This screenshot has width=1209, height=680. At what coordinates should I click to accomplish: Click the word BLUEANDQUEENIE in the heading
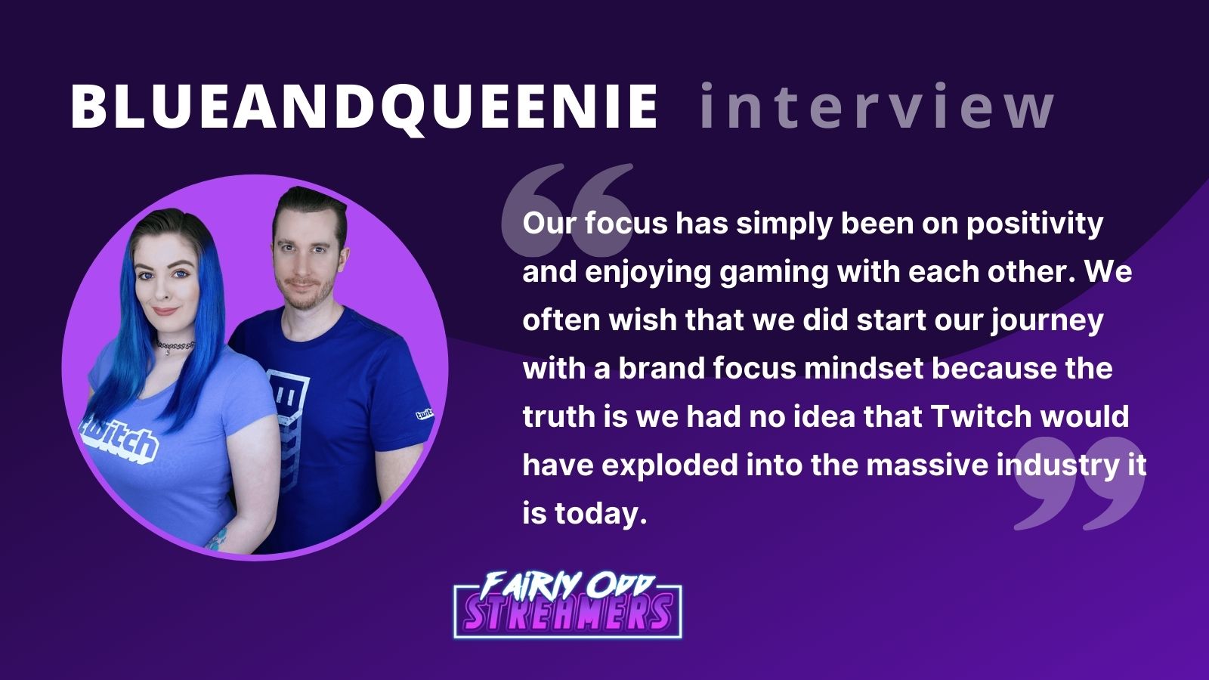[x=363, y=107]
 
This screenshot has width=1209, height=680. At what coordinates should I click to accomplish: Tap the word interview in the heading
[x=876, y=107]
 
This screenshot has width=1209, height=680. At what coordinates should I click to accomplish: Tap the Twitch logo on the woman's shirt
[x=121, y=439]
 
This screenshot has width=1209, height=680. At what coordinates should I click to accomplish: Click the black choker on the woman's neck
[x=175, y=347]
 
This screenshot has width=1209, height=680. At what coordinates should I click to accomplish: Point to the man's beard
[x=306, y=291]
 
